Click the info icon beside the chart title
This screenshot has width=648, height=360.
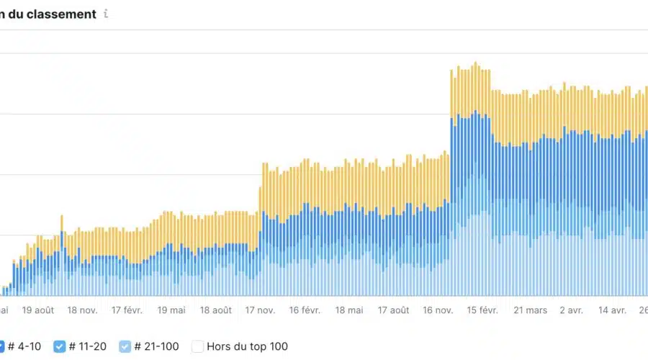click(106, 14)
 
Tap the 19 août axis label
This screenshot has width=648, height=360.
click(38, 310)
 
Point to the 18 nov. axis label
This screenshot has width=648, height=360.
click(82, 310)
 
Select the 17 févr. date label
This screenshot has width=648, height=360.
click(127, 310)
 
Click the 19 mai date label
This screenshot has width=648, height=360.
click(171, 310)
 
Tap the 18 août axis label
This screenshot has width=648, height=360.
click(215, 310)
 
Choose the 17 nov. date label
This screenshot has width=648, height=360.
click(260, 310)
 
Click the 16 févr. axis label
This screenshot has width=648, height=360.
click(305, 310)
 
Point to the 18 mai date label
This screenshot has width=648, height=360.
click(349, 310)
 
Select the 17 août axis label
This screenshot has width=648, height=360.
click(393, 310)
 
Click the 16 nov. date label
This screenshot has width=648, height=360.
click(438, 310)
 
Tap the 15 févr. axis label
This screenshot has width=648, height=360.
click(482, 310)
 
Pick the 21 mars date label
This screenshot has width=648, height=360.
click(530, 310)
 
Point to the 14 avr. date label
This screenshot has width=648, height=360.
click(613, 310)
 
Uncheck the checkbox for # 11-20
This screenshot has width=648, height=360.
click(60, 346)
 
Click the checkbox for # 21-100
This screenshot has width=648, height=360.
click(125, 346)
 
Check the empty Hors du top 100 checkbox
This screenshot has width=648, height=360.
click(197, 346)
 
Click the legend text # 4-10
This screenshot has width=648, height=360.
click(26, 346)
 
